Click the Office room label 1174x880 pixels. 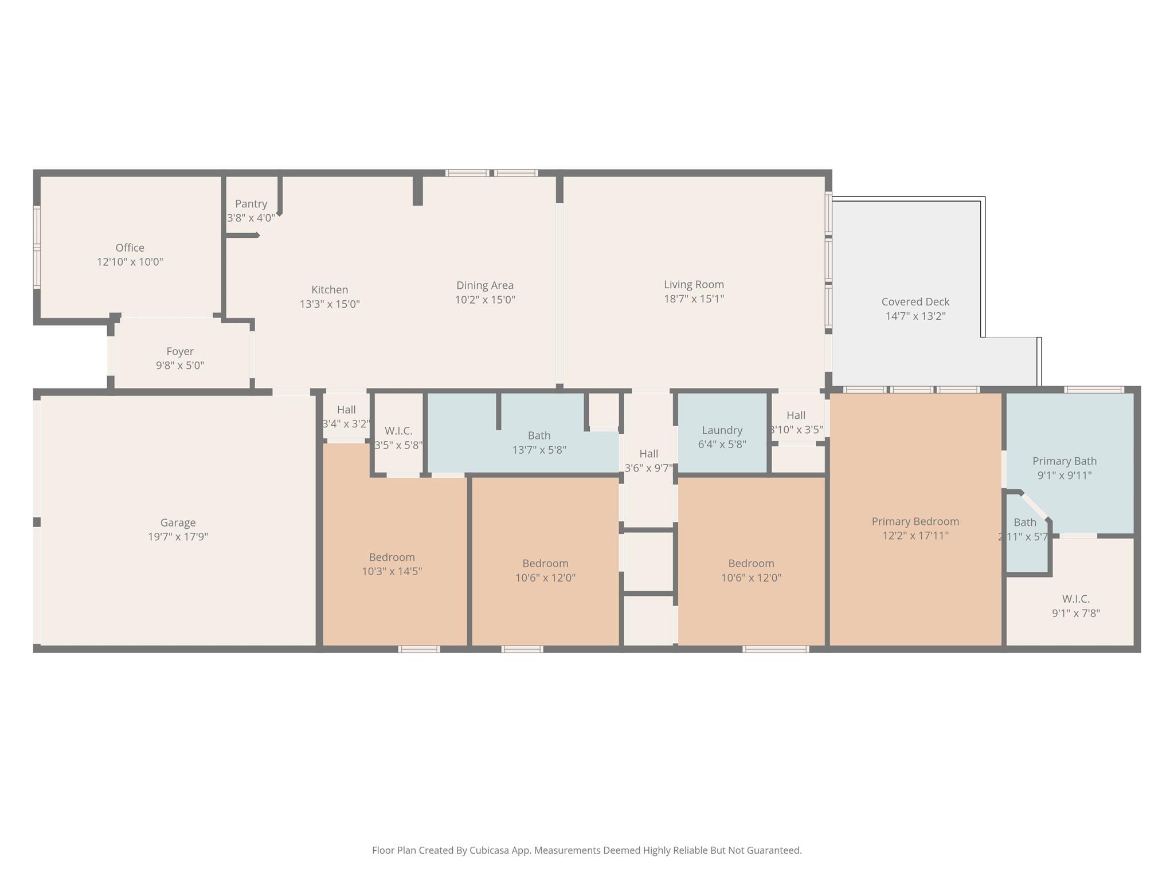click(130, 247)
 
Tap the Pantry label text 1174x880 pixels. click(251, 204)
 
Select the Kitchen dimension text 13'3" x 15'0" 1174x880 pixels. click(330, 304)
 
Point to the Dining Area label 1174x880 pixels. click(485, 285)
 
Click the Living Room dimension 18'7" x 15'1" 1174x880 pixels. click(694, 298)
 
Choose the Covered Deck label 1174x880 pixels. click(915, 302)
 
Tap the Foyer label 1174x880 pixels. click(180, 351)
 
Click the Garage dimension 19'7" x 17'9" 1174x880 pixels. click(178, 537)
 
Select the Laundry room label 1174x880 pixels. click(722, 430)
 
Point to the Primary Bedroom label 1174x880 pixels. click(915, 521)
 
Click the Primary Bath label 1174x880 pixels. click(1065, 461)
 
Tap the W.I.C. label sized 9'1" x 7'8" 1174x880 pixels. click(1076, 599)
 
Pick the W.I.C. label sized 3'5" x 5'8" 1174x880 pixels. click(398, 431)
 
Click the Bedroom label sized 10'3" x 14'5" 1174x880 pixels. click(392, 557)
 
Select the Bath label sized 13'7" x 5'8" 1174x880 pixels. click(539, 435)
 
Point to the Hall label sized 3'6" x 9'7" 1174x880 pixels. click(649, 454)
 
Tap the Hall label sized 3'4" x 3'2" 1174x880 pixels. click(346, 410)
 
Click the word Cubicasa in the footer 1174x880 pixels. click(490, 850)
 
